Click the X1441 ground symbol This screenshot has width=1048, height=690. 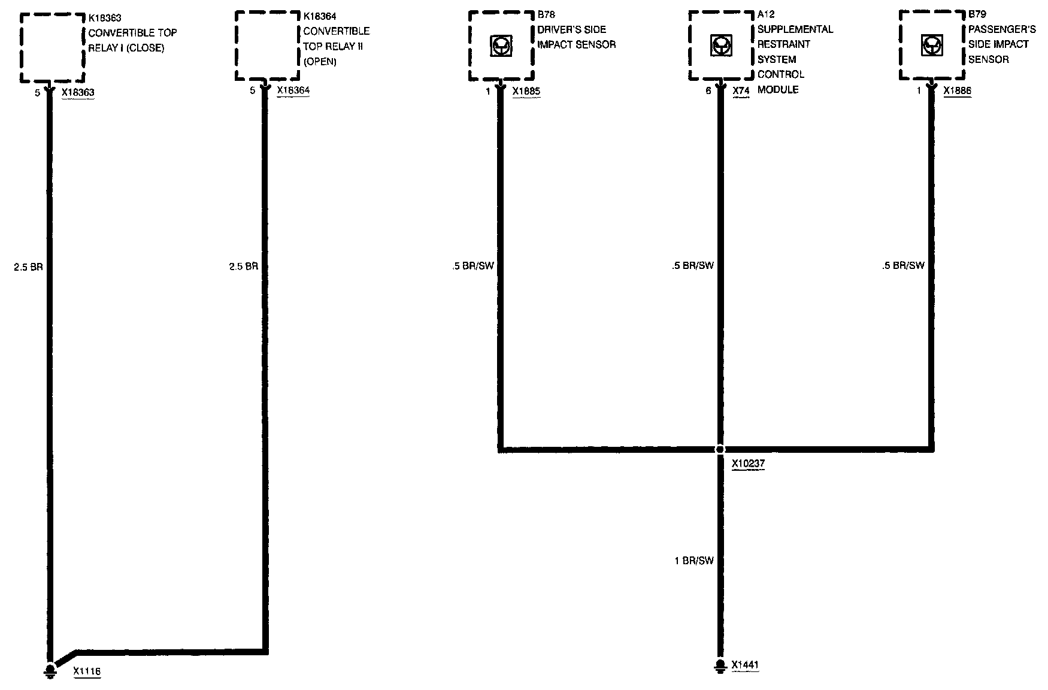click(720, 665)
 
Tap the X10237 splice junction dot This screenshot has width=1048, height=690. click(720, 449)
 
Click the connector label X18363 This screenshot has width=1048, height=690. click(78, 93)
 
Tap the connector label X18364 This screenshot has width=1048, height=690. click(293, 90)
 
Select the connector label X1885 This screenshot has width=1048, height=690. click(526, 91)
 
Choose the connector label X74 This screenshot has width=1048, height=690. click(741, 91)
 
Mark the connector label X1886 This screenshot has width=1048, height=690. click(957, 91)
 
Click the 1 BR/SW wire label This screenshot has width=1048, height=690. click(694, 561)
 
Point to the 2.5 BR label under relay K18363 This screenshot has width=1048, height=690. click(28, 267)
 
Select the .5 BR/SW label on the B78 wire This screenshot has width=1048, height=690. click(473, 265)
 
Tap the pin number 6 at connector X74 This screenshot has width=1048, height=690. click(708, 91)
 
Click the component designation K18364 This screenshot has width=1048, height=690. click(320, 16)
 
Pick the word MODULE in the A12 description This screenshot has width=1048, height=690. click(778, 90)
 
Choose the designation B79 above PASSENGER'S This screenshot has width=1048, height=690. click(977, 14)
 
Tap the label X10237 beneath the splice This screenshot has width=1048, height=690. click(748, 464)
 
